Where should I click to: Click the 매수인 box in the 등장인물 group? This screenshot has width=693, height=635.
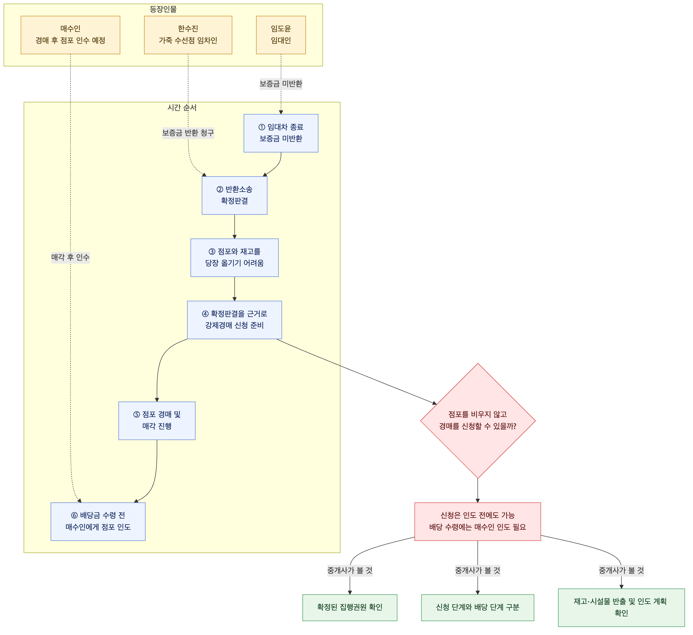[x=70, y=35]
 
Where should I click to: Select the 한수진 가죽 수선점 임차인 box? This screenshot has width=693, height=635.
[x=188, y=35]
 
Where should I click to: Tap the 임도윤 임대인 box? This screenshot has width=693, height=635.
[x=281, y=35]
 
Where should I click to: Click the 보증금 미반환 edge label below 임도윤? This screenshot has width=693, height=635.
[x=281, y=84]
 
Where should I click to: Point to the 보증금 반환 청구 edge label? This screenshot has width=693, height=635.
[x=188, y=133]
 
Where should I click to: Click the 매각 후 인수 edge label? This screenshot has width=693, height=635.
[x=70, y=257]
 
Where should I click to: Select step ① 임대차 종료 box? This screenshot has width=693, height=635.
[x=281, y=133]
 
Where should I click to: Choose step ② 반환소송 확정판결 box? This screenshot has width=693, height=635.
[x=234, y=195]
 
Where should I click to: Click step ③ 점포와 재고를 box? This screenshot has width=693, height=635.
[x=234, y=257]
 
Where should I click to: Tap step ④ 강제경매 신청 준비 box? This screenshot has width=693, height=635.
[x=234, y=320]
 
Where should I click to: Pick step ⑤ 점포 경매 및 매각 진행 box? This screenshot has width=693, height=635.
[x=157, y=421]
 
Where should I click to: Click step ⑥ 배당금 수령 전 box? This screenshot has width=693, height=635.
[x=98, y=521]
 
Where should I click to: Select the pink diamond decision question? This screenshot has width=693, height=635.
[x=478, y=421]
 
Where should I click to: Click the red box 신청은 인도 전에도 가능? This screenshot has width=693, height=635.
[x=478, y=521]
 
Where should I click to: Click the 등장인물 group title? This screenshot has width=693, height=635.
[x=163, y=9]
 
